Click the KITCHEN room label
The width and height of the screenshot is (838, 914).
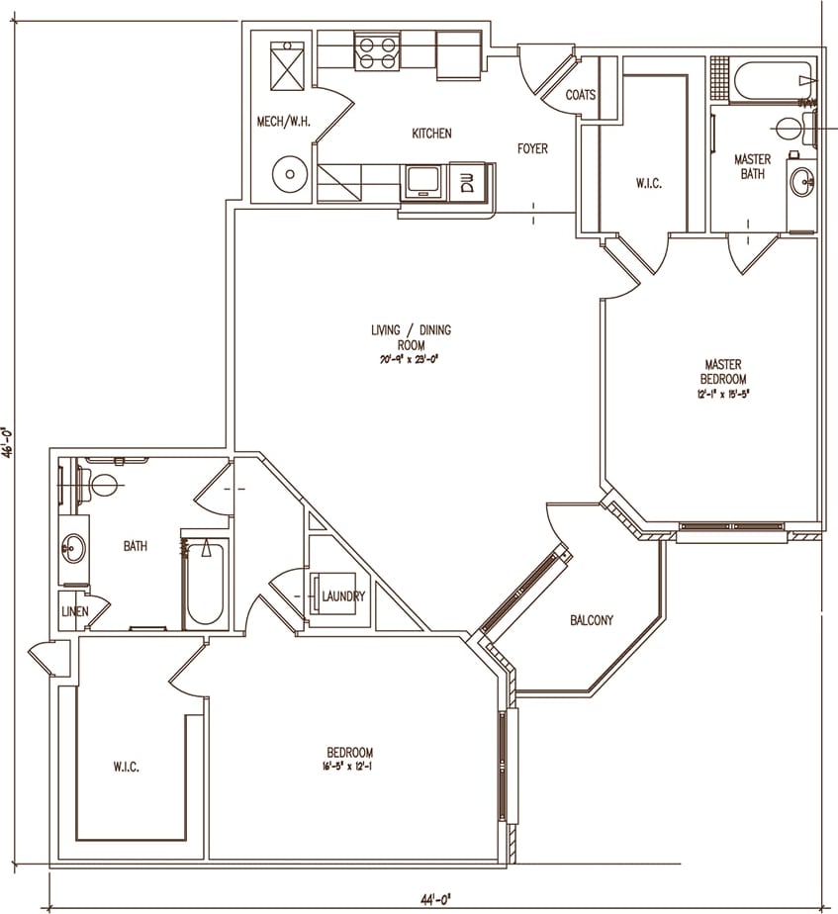pos(431,134)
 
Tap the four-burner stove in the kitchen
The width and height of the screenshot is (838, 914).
pos(376,51)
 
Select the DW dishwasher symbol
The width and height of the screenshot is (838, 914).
pos(468,181)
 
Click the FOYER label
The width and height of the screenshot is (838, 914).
pos(532,149)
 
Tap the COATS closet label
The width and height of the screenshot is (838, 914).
pos(581,95)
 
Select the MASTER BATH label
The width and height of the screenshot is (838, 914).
pos(752,166)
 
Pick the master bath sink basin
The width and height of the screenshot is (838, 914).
pos(802,182)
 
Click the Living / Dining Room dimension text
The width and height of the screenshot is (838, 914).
pos(411,361)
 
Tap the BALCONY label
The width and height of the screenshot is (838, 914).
pos(591,621)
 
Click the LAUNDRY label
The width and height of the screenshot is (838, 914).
pos(343,596)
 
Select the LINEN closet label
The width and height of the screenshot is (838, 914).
pos(74,612)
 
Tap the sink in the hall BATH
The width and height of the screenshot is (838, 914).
pos(74,547)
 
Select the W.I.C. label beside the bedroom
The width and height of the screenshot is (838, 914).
pos(125,767)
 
